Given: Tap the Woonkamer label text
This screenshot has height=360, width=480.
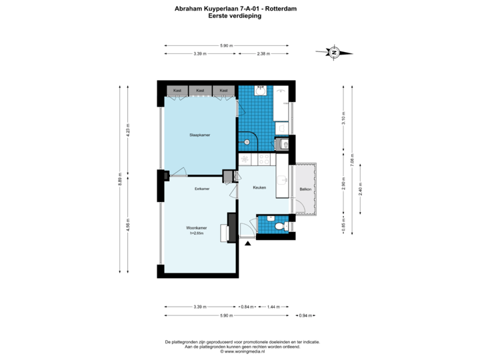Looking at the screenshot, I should point(197,228).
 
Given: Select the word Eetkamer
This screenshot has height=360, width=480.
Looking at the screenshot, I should point(202,189).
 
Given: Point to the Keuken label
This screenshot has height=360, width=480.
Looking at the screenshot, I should point(259,188).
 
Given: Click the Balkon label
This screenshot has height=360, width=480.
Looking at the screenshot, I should point(305,189).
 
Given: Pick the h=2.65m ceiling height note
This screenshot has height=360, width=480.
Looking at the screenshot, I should point(197,233).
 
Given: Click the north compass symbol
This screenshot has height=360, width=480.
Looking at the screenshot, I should point(335,52).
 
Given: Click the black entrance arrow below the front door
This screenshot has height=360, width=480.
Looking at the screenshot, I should point(249,245).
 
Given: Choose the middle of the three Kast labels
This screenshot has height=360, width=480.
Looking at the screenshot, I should point(200,90).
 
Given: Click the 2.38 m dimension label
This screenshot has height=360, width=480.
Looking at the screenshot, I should point(263,53).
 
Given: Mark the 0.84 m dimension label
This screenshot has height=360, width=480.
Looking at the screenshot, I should point(247,306).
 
